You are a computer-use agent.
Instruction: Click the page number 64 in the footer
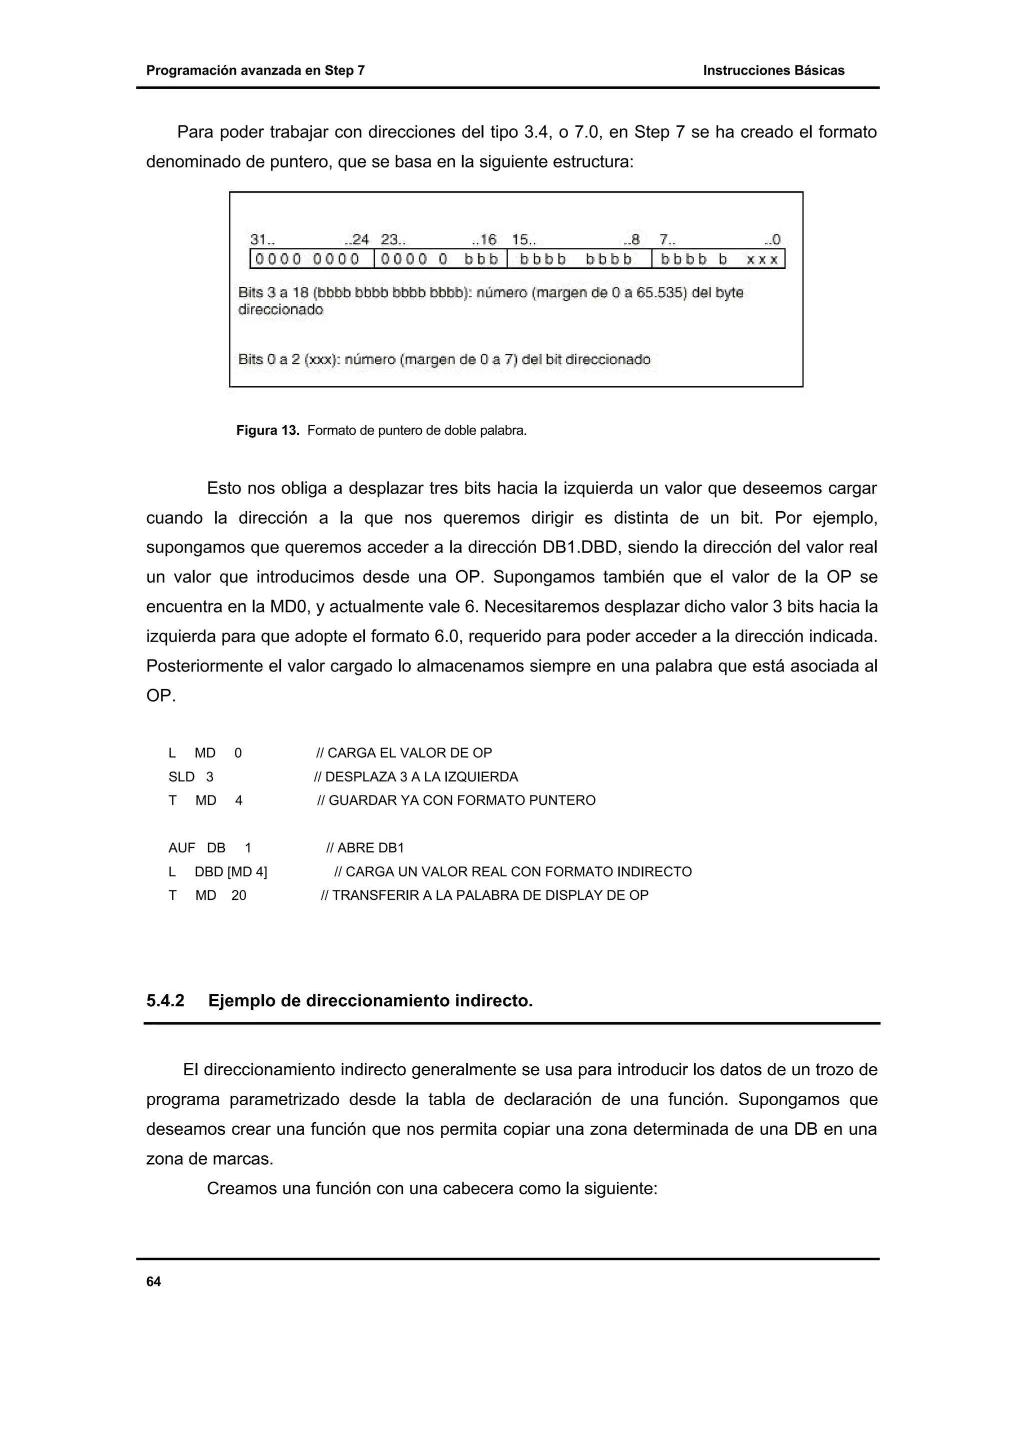(x=153, y=1282)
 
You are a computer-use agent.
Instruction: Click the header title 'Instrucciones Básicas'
(x=773, y=70)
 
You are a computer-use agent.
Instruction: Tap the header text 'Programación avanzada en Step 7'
(x=255, y=70)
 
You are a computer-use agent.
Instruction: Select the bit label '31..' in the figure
(x=262, y=240)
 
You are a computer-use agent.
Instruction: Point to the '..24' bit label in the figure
(x=356, y=240)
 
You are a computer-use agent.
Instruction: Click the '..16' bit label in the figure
(x=484, y=240)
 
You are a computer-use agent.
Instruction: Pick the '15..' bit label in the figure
(x=523, y=240)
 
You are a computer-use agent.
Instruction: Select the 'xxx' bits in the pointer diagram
(x=761, y=259)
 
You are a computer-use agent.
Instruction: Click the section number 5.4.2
(x=165, y=1001)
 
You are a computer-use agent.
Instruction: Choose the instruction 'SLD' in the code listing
(x=181, y=777)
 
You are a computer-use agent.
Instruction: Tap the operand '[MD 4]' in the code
(x=247, y=872)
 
